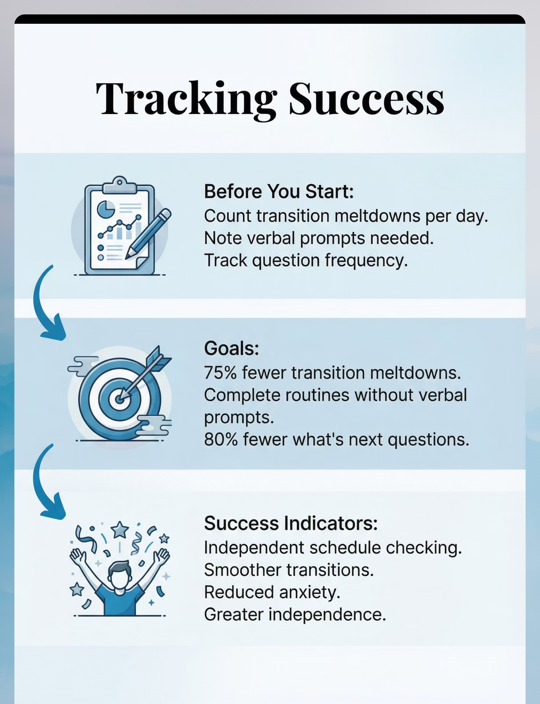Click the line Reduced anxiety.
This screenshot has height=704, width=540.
(272, 592)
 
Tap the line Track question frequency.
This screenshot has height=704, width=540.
(306, 260)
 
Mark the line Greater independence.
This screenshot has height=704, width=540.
(295, 614)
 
